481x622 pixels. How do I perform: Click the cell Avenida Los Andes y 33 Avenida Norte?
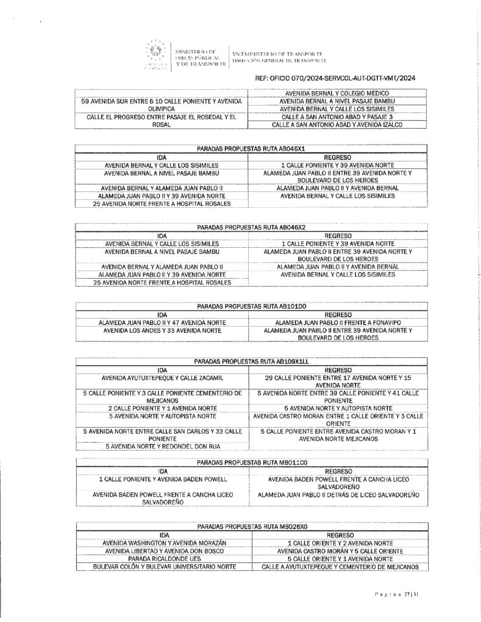(x=162, y=330)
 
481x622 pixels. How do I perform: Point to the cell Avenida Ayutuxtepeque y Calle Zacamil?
(x=162, y=377)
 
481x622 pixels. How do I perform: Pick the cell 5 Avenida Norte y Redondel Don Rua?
(x=162, y=446)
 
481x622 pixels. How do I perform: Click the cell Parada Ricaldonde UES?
(x=162, y=558)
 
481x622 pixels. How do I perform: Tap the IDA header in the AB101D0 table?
(x=162, y=314)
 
